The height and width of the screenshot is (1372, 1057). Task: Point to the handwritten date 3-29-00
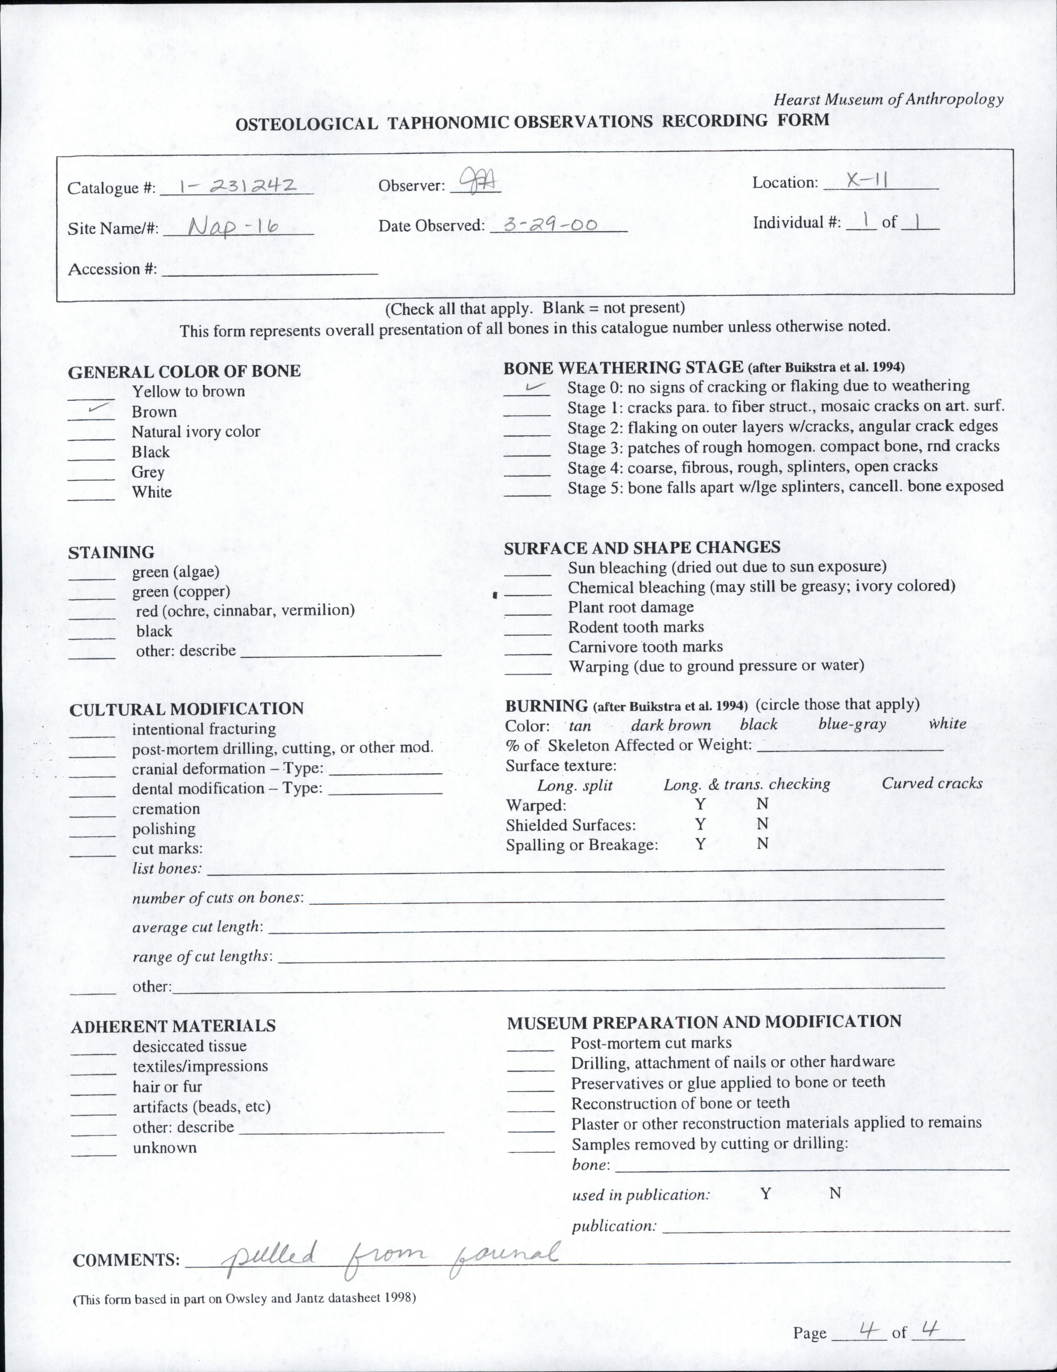click(x=551, y=224)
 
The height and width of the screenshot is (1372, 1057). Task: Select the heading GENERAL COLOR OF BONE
click(x=184, y=371)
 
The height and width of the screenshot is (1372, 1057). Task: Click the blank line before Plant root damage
click(x=528, y=614)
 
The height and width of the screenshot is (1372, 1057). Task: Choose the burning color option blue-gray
click(x=852, y=724)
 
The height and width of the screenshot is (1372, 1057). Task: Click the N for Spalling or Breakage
click(x=762, y=844)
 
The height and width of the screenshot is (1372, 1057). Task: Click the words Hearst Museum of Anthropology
click(x=888, y=99)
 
